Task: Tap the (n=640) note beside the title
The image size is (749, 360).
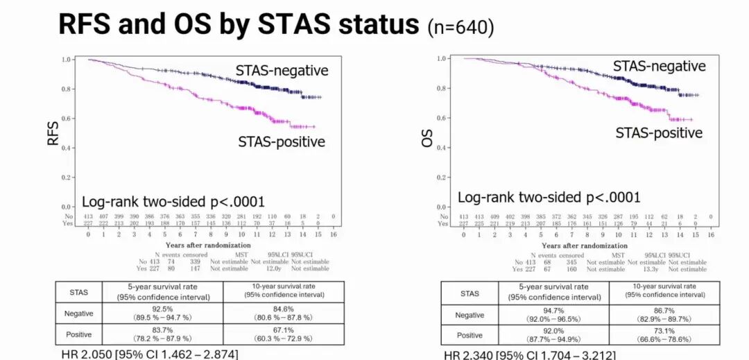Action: [460, 27]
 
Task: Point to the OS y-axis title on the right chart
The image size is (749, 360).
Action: [428, 135]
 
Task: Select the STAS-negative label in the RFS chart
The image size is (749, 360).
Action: [282, 70]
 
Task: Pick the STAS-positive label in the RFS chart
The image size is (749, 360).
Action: [282, 142]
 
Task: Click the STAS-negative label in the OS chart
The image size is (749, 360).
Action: [659, 66]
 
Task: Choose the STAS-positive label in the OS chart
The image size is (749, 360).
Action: [659, 132]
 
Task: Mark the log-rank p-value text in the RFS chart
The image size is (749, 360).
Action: [173, 202]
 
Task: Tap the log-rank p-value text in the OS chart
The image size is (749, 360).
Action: [549, 197]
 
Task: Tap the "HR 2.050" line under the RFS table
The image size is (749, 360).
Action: [149, 354]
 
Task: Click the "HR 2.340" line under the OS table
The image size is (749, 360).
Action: [530, 355]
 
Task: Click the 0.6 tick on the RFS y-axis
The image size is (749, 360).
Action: [67, 119]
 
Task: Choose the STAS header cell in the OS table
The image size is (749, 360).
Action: [470, 293]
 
